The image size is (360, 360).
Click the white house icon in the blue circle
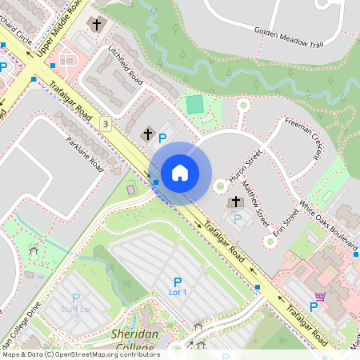pos(180,172)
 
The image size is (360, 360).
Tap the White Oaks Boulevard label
pos(329,226)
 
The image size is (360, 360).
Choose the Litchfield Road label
pos(126,66)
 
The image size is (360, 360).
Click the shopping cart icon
pos(321,297)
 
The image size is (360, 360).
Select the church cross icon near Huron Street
pos(236,202)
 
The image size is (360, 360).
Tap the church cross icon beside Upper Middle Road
pos(96,25)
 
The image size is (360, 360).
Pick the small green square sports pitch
pos(194,104)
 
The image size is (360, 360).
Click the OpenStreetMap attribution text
pos(80,354)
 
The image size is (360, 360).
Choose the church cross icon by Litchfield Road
pos(147,134)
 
